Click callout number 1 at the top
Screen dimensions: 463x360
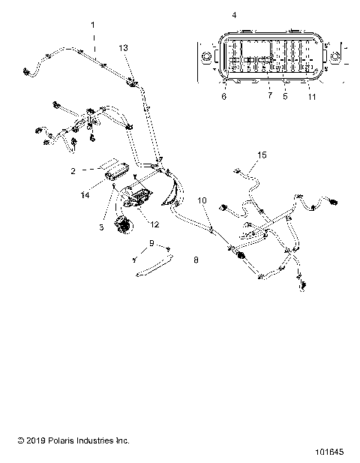tap(93, 25)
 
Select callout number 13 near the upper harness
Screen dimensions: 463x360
tap(124, 47)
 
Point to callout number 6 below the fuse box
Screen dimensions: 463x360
tap(223, 96)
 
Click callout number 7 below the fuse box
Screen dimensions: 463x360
tap(269, 96)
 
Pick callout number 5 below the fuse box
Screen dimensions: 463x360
tap(284, 96)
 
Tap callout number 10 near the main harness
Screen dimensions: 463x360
tap(201, 200)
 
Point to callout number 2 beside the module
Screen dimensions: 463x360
tap(94, 171)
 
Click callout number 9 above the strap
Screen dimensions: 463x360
tap(151, 242)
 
